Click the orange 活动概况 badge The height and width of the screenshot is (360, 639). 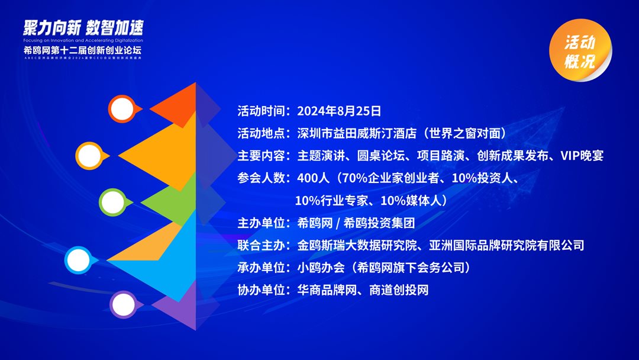pos(579,52)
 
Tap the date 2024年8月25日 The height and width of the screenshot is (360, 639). pos(339,111)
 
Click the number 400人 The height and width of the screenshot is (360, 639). pos(312,178)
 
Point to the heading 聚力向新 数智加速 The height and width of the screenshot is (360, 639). pos(83,27)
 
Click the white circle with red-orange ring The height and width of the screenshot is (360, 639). pos(122,109)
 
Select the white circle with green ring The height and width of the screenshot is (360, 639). pos(112,202)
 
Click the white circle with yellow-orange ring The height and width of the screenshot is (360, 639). pos(89,155)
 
